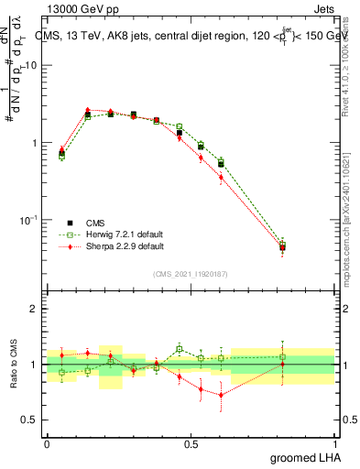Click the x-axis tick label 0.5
pos(191,443)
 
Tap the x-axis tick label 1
pos(334,443)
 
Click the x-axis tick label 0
pos(47,443)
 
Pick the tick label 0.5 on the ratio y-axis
pos(27,420)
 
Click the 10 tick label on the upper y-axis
pos(29,66)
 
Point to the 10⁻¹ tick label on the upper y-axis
pos(27,220)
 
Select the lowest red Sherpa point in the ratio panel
pos(221,395)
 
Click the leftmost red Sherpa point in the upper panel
pos(61,149)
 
